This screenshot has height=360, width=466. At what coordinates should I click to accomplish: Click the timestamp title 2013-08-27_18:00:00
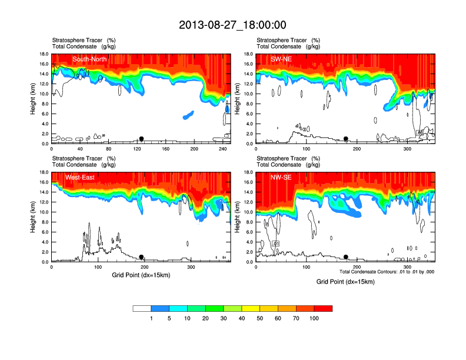pos(232,25)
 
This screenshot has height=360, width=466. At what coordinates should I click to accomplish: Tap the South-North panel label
pos(89,59)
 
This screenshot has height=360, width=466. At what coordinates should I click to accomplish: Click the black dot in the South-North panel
pos(141,139)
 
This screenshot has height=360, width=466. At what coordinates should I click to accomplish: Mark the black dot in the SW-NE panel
pos(346,139)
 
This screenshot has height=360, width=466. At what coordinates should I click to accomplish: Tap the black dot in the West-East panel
pos(141,257)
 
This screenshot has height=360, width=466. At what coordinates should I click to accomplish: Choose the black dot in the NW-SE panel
pos(346,257)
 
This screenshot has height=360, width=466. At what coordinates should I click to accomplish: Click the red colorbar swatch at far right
pos(323,308)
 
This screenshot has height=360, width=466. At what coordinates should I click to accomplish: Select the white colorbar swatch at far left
pos(142,308)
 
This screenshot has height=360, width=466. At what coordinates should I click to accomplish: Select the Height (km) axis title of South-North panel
pos(34,99)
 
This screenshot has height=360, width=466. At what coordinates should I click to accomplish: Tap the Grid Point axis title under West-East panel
pos(141,275)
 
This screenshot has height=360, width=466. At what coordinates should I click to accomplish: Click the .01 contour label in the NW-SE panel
pos(275,244)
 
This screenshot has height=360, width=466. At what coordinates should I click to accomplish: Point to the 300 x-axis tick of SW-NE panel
pos(408,149)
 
